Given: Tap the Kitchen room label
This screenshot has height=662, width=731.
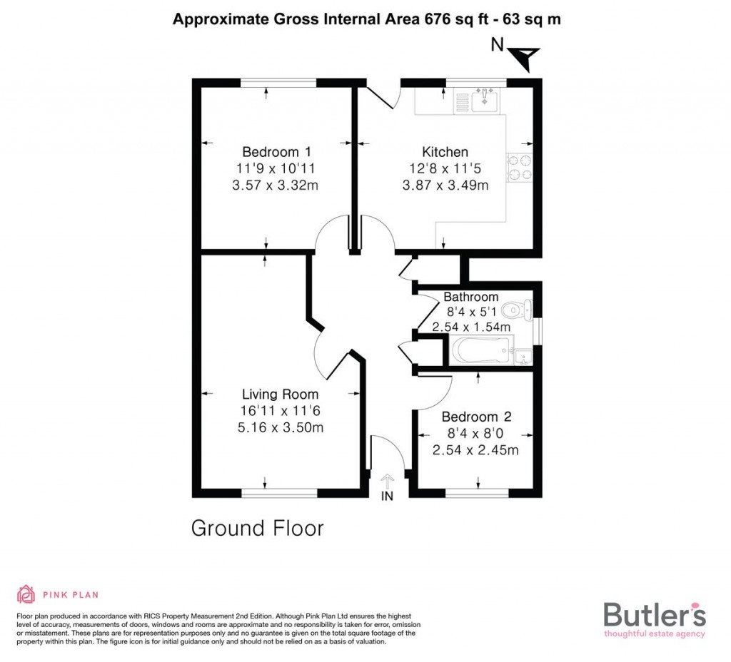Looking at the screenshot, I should pyautogui.click(x=445, y=152).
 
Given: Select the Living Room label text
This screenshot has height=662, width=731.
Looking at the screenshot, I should pyautogui.click(x=280, y=394).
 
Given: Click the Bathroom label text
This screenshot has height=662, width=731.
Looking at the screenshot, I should pyautogui.click(x=470, y=297).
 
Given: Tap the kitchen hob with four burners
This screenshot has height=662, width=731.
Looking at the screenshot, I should pyautogui.click(x=519, y=168).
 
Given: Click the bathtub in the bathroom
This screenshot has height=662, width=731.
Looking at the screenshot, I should pyautogui.click(x=483, y=351).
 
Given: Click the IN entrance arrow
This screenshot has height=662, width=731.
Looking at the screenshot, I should pyautogui.click(x=388, y=484).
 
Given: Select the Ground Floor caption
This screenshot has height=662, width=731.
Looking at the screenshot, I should pyautogui.click(x=257, y=529).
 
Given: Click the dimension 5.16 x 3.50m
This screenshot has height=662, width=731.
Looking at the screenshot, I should pyautogui.click(x=280, y=428).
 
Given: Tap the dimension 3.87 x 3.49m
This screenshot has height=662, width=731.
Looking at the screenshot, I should pyautogui.click(x=445, y=186).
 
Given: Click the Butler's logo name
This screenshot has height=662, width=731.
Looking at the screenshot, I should pyautogui.click(x=654, y=614).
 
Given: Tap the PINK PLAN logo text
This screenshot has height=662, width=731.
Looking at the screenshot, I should pyautogui.click(x=70, y=594).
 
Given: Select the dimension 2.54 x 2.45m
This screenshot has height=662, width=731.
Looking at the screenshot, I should pyautogui.click(x=475, y=450).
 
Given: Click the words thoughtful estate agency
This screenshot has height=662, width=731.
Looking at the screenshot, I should pyautogui.click(x=654, y=633).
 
